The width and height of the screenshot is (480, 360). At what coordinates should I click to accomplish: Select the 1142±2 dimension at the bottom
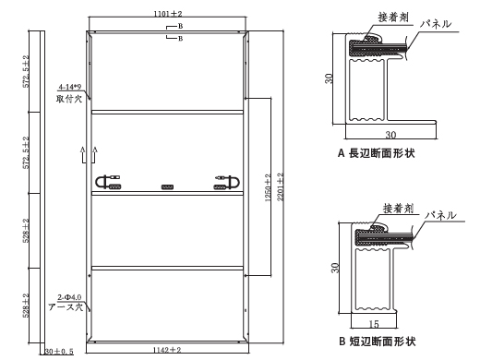[x=168, y=351]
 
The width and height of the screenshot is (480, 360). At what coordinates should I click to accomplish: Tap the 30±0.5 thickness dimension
[x=56, y=351]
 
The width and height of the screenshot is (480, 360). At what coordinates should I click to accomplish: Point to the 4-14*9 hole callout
[x=69, y=87]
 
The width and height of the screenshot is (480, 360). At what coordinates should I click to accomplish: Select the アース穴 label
[x=68, y=306]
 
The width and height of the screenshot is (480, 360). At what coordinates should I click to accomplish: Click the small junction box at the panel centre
[x=167, y=186]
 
